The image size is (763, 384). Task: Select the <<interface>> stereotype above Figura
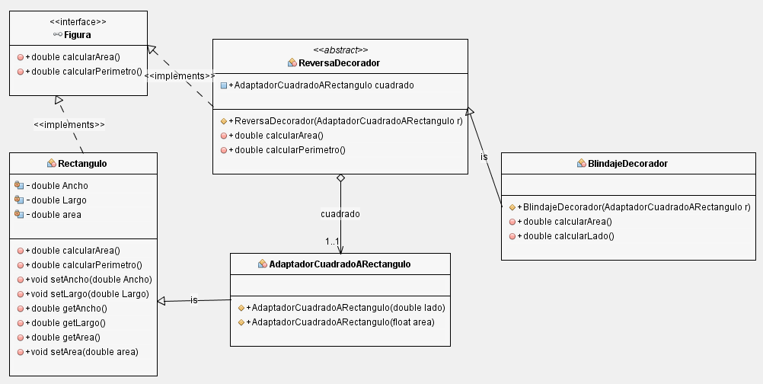[78, 22]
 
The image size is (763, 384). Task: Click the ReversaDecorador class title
[340, 62]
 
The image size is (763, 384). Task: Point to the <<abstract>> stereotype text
[340, 50]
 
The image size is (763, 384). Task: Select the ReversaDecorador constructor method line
[349, 120]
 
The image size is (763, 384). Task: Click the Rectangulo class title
[82, 163]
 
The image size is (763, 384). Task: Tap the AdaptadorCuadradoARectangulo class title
[340, 264]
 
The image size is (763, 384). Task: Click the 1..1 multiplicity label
[332, 242]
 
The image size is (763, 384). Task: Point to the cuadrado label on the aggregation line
[340, 214]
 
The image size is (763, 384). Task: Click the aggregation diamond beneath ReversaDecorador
[340, 178]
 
